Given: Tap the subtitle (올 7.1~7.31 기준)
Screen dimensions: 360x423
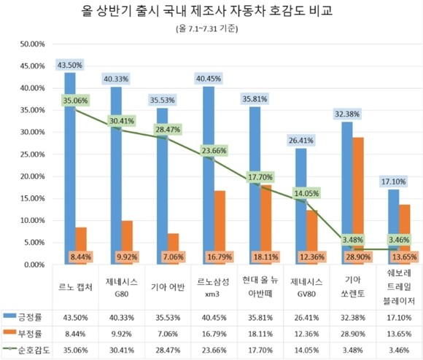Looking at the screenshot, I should click(211, 29).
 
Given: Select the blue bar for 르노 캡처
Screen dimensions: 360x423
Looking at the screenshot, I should click(70, 168).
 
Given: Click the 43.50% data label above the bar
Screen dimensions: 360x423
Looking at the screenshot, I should click(70, 65).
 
